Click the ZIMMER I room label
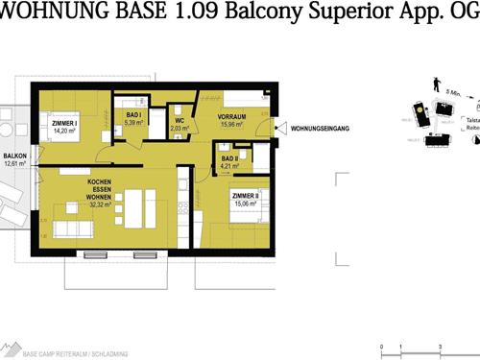point(65,123)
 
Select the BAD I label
point(134,115)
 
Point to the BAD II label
point(228,158)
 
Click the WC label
point(180,120)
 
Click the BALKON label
point(13,156)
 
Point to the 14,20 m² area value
point(65,132)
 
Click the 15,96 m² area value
point(233,125)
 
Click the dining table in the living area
point(135,203)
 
